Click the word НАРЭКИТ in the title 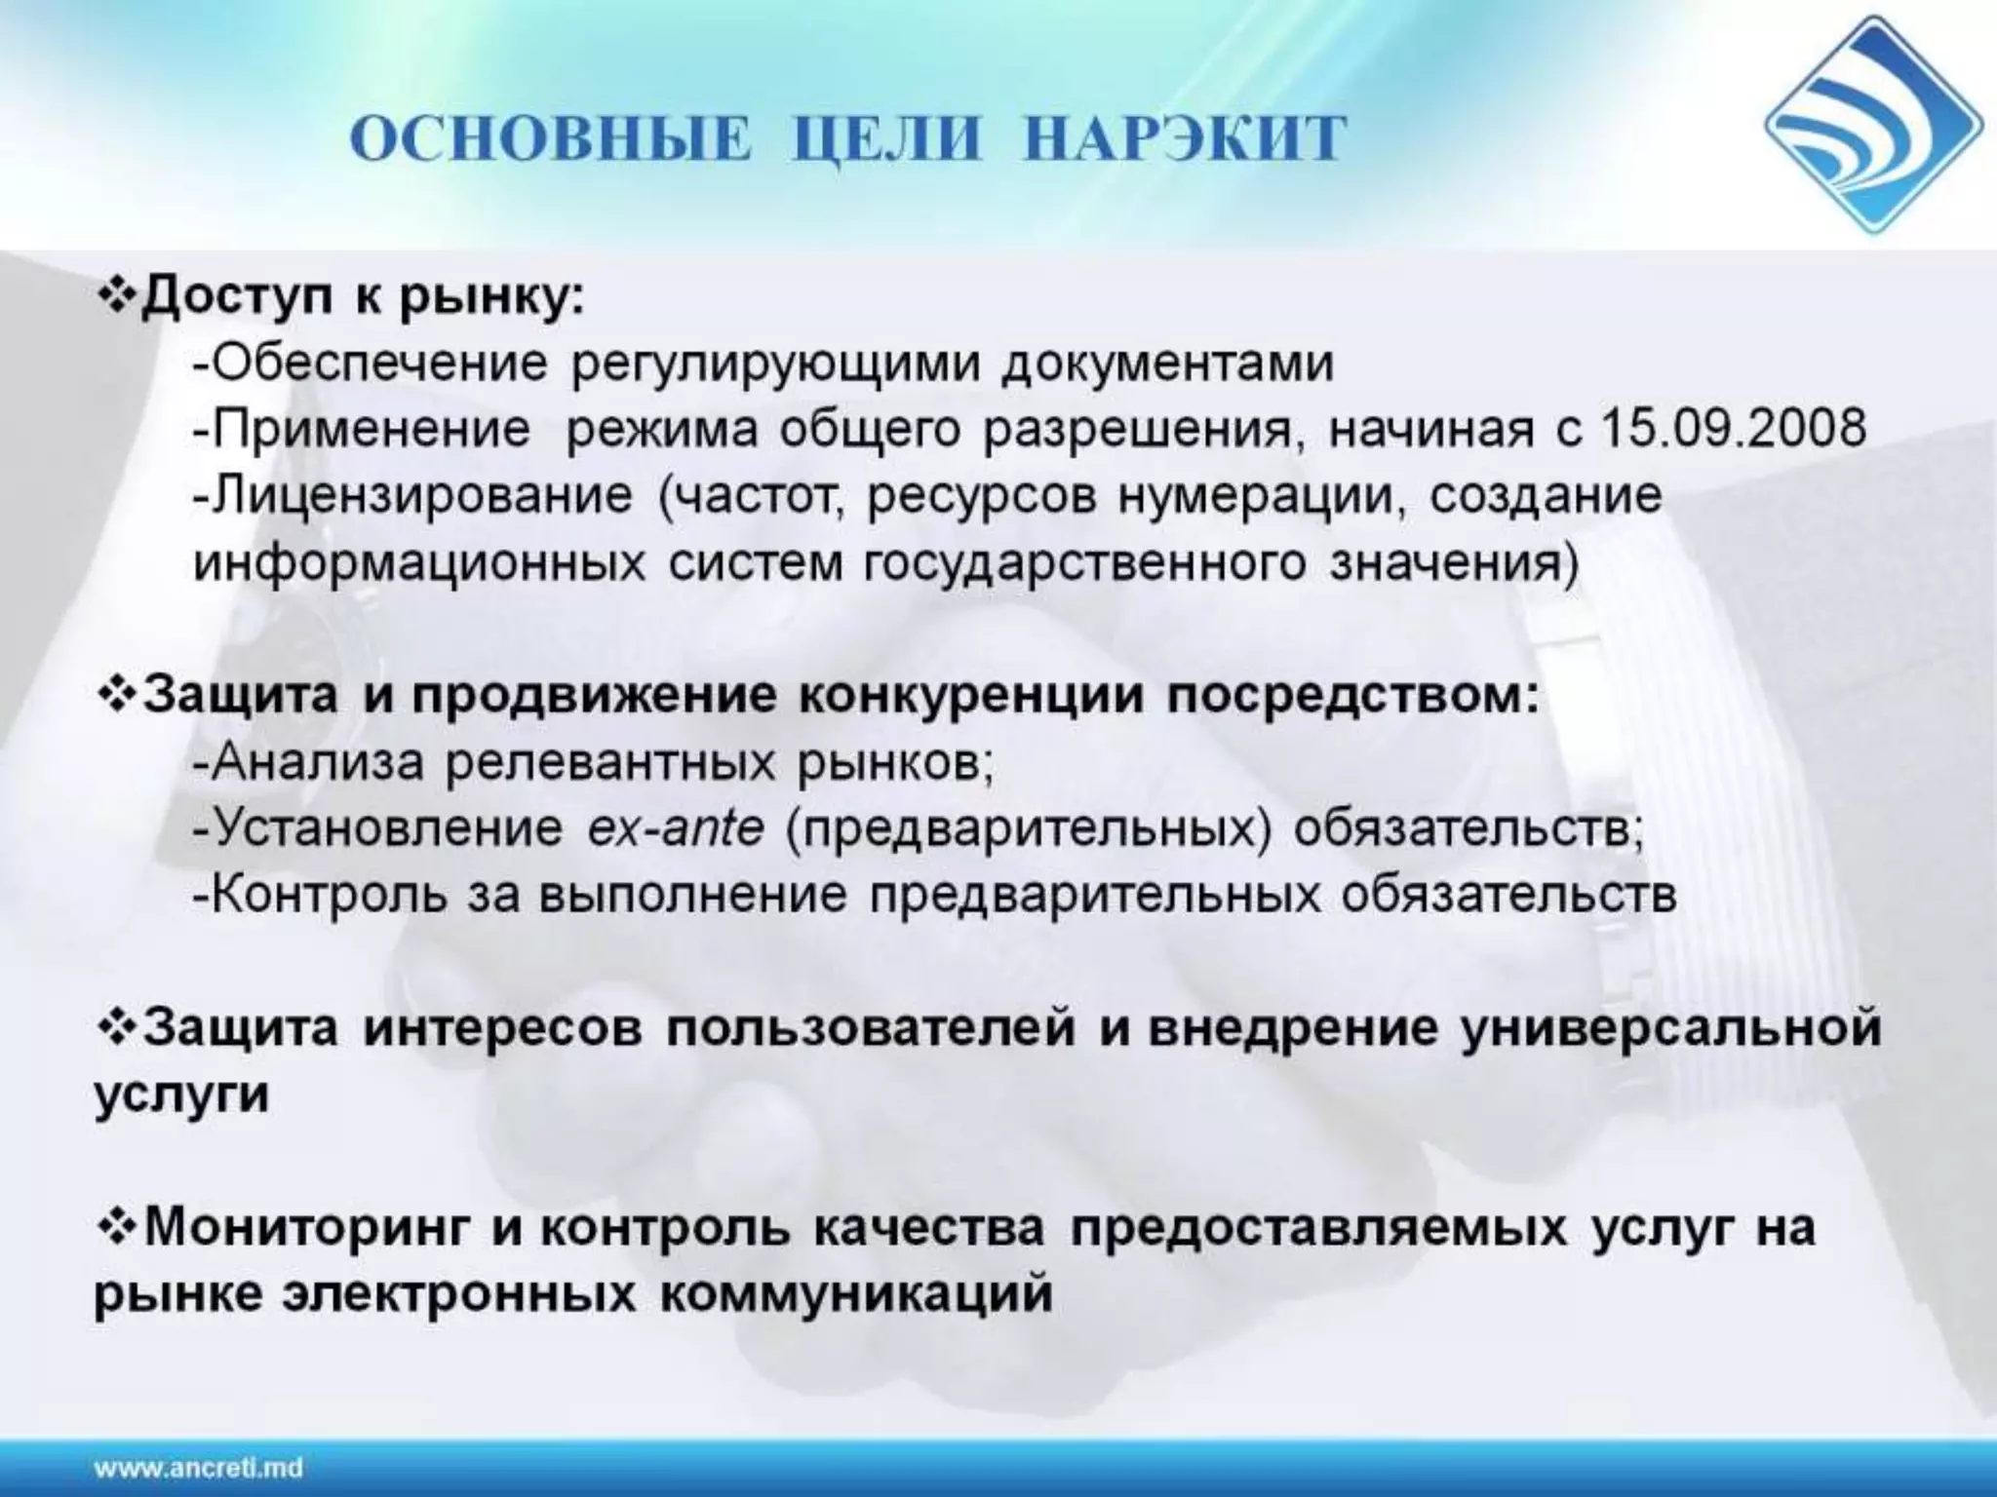(x=1186, y=139)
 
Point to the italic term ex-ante (x=676, y=828)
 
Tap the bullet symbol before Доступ (x=117, y=296)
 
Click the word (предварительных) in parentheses (x=1028, y=829)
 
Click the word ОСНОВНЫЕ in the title (x=552, y=139)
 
